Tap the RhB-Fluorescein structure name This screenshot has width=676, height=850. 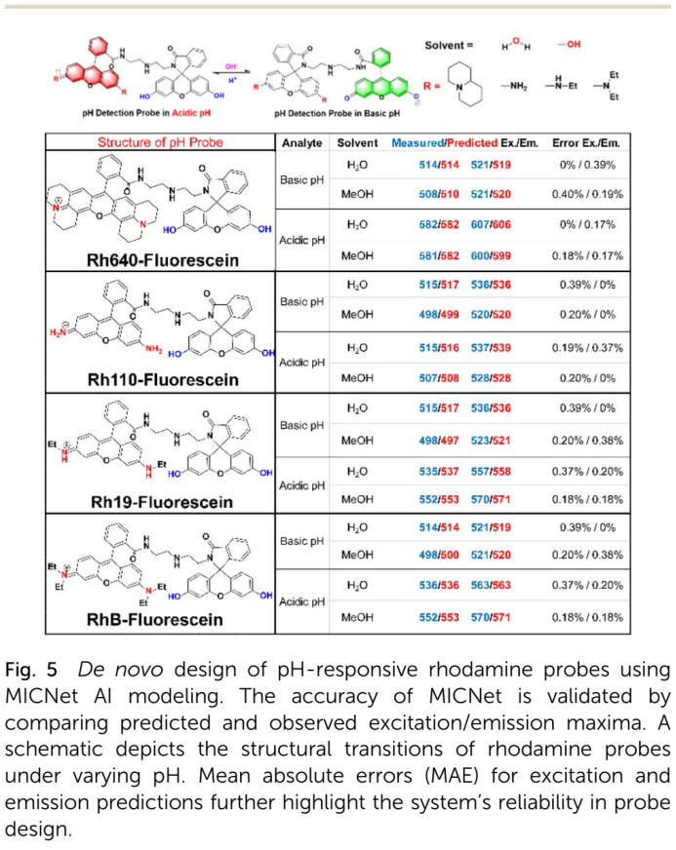click(158, 619)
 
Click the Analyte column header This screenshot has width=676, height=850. click(301, 143)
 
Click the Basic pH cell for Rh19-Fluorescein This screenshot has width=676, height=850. click(301, 425)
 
